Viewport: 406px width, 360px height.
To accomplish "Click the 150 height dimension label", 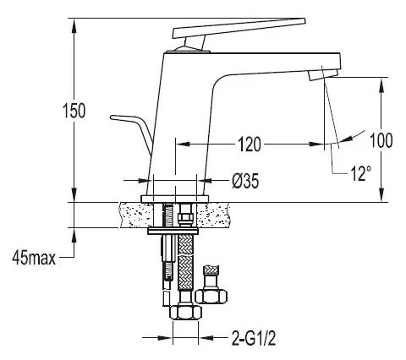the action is pos(74,111).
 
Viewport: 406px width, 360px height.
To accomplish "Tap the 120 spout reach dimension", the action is pos(250,144).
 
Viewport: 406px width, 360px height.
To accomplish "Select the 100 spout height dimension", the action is pos(381,140).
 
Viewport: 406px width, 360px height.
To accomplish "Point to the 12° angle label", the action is pos(360,172).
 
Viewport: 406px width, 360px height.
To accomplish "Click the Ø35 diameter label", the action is pos(245,181).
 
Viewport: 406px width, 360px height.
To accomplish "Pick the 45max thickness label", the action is pos(34,258).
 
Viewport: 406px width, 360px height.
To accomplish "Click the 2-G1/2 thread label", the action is pos(254,338).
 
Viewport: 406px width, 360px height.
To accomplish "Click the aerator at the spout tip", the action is pos(323,75).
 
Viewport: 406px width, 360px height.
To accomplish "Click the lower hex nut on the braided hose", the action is pos(186,313).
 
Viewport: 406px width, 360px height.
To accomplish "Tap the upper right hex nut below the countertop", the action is pos(211,297).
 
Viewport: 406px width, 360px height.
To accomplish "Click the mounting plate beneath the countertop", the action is pos(173,232).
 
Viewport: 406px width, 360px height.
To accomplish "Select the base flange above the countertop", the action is pos(175,199).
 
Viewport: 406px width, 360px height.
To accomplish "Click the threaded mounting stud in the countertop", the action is pos(168,215).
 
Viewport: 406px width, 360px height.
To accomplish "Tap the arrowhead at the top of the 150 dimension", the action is pos(74,25).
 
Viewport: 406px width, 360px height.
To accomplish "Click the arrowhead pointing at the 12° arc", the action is pos(348,138).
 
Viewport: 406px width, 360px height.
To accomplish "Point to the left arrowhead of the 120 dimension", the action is pos(183,144).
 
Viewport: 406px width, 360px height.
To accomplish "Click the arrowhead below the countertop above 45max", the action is pos(74,235).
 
